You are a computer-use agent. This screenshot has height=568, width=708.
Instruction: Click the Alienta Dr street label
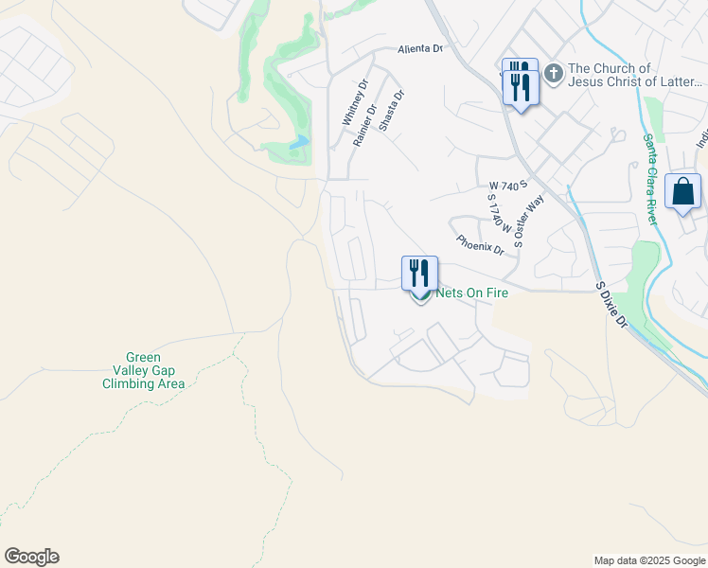click(420, 48)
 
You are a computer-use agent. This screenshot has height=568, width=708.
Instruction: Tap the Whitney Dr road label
click(353, 103)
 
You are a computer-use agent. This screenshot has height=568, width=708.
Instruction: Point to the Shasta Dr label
click(391, 111)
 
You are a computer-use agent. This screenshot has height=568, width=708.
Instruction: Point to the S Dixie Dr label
click(611, 303)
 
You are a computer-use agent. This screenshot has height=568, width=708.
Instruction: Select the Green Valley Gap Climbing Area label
click(144, 371)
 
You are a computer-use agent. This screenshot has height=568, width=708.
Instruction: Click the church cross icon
click(553, 73)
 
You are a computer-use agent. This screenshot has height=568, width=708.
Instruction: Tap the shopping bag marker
click(682, 192)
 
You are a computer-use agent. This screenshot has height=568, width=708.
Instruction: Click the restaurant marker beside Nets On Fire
click(419, 274)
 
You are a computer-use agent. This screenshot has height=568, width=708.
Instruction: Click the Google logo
click(31, 557)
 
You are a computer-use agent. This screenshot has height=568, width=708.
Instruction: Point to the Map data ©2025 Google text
click(648, 560)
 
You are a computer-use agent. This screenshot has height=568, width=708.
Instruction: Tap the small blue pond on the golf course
click(299, 143)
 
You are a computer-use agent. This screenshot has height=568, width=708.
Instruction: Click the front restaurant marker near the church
click(521, 88)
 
